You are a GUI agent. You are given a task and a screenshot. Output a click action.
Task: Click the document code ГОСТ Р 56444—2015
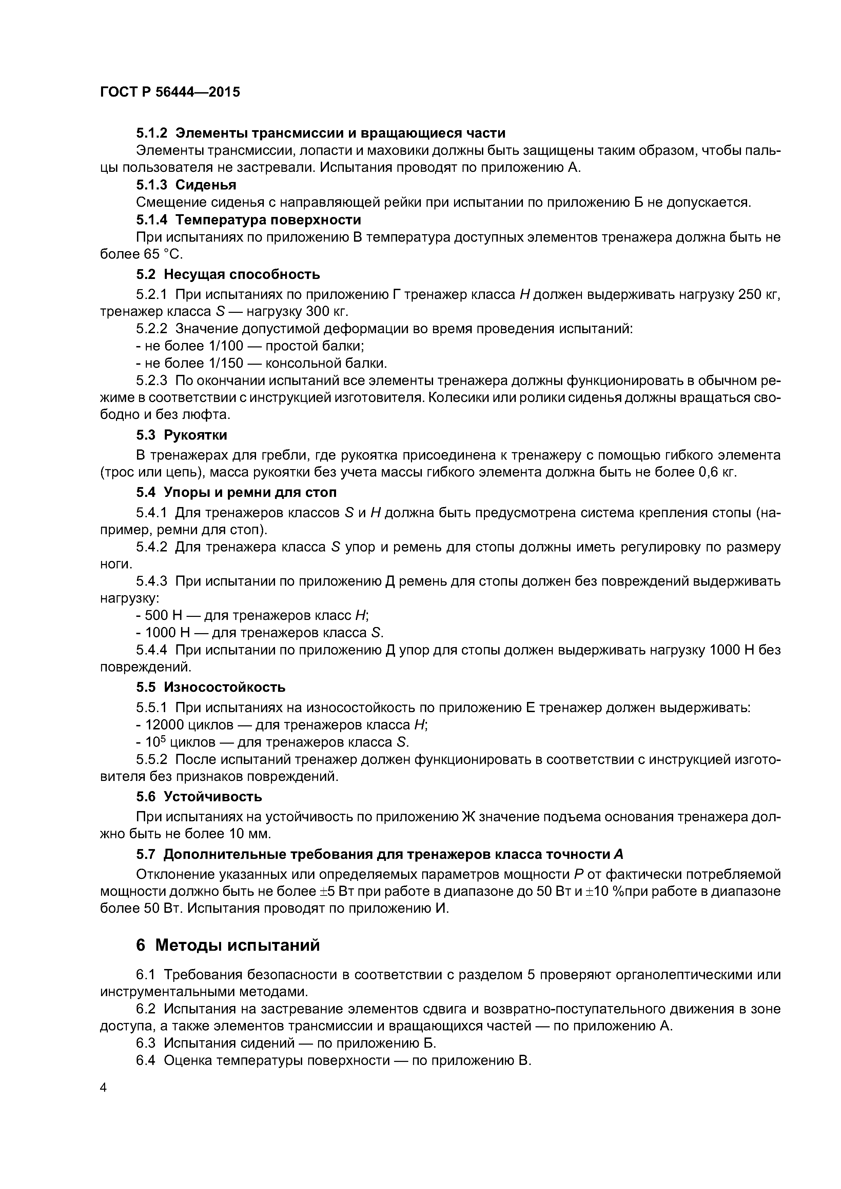(170, 92)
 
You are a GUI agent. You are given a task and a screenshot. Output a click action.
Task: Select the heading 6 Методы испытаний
(228, 945)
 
